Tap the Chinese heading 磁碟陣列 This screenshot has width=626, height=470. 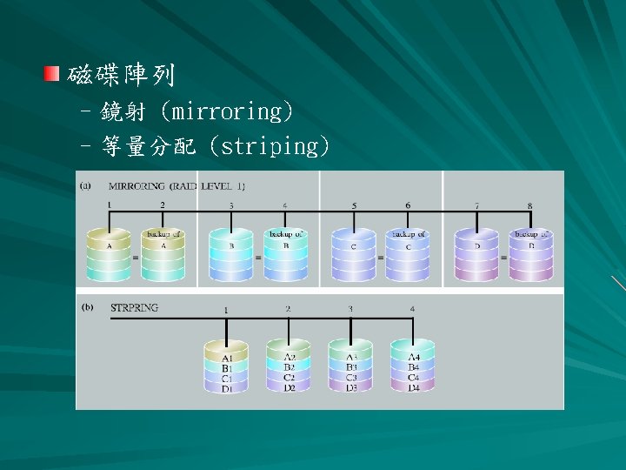(121, 76)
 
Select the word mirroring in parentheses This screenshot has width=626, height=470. (232, 112)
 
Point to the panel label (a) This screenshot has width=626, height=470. (86, 185)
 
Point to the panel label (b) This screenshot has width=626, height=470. (86, 307)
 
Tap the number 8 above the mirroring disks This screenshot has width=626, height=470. (529, 205)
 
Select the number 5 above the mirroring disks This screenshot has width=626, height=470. (354, 205)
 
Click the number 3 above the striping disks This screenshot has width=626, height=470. (350, 309)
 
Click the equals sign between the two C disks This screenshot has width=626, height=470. (381, 258)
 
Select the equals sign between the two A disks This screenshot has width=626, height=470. (135, 258)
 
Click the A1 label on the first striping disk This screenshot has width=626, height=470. (227, 358)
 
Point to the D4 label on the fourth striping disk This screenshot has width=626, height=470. (413, 388)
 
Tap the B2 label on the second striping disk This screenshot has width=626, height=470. (290, 367)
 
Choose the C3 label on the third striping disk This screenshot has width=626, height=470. (350, 378)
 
